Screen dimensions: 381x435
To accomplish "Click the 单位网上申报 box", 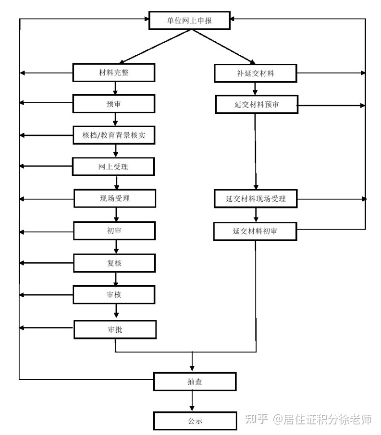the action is coord(190,20).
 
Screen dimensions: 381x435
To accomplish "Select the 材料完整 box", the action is coord(114,72).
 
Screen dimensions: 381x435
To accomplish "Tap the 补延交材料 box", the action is coord(256,73).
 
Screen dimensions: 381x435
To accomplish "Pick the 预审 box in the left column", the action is coord(114,104).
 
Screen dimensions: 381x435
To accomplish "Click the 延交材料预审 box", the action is coord(257,105).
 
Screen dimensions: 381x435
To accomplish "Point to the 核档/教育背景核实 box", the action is coord(114,135).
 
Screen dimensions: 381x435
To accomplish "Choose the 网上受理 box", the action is coord(113,167).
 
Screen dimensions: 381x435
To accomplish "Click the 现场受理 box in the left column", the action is coord(115,198).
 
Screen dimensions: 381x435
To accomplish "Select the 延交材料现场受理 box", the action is coord(256,199).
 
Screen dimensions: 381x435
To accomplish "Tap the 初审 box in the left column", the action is coord(114,230).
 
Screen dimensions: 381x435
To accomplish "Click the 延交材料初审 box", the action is coord(255,231).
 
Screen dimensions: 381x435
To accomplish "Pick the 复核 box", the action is coord(114,263).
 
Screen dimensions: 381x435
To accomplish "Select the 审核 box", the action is coord(114,295).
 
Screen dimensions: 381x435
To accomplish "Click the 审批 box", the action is coord(115,329).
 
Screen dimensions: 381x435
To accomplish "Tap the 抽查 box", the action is coord(195,381).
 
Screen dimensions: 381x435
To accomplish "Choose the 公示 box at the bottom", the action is coord(195,421).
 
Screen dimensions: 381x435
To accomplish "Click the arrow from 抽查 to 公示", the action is coord(192,401).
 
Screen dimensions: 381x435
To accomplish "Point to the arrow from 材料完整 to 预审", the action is coord(115,88).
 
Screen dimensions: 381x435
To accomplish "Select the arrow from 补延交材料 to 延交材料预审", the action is coord(255,89).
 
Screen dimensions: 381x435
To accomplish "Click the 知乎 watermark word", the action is coord(257,419).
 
